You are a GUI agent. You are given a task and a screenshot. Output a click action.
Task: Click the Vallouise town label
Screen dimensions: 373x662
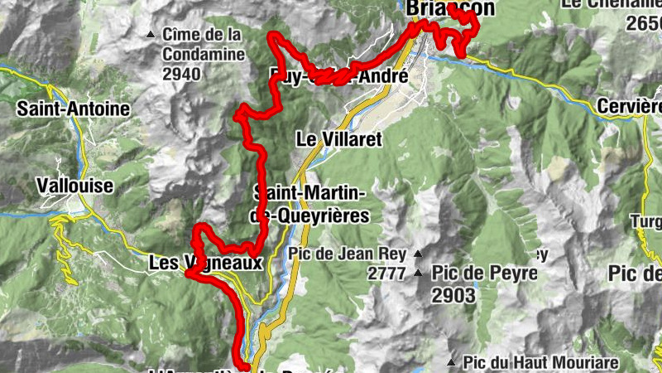(x=75, y=186)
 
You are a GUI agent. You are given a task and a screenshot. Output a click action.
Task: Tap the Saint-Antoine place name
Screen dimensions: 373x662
(x=74, y=109)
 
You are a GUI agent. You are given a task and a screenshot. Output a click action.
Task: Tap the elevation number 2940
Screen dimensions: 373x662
(x=182, y=74)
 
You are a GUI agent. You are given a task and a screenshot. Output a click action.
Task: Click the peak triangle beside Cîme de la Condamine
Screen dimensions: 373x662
(x=150, y=35)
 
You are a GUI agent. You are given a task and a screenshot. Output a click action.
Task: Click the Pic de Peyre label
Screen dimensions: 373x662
(x=484, y=273)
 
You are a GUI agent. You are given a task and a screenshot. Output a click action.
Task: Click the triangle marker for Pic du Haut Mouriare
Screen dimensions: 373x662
(x=451, y=362)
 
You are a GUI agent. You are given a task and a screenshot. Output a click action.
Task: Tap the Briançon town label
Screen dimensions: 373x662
(x=451, y=8)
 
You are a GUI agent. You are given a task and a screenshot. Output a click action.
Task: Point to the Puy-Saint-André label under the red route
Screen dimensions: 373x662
(x=339, y=76)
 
